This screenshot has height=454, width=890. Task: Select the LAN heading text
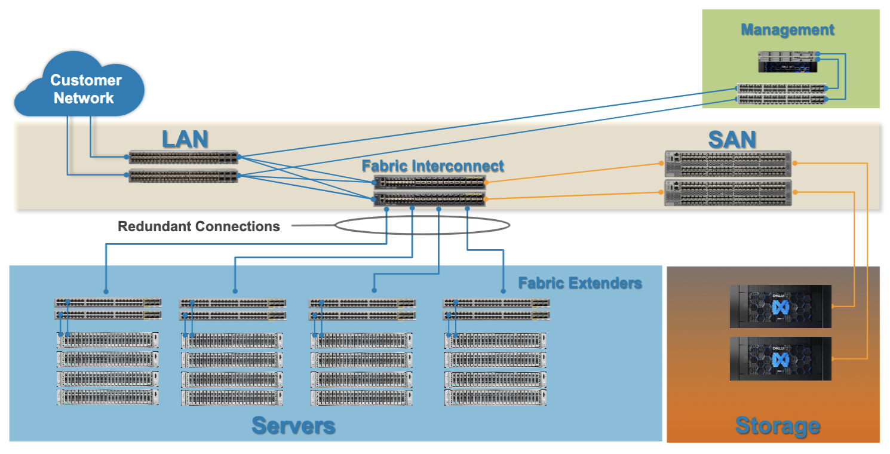click(185, 139)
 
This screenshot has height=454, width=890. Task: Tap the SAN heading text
click(732, 139)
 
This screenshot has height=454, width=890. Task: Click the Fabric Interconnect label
click(432, 166)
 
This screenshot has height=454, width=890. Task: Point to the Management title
click(787, 30)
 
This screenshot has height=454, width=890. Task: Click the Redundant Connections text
click(198, 226)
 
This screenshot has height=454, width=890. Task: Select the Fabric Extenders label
click(579, 283)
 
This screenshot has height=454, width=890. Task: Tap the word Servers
click(293, 426)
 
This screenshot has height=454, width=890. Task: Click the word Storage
click(777, 426)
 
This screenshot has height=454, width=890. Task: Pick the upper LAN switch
click(183, 158)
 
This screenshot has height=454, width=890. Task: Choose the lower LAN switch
click(183, 176)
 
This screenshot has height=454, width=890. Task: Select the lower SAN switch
click(728, 193)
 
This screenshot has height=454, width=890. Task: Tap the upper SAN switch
click(728, 163)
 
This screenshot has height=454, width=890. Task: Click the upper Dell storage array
click(780, 306)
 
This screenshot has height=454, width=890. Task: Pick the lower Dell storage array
click(780, 358)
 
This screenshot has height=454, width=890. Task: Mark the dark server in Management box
click(787, 62)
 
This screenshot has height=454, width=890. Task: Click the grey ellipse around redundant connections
click(422, 225)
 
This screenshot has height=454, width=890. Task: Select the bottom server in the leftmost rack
click(108, 397)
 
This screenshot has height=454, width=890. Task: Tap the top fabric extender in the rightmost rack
click(496, 303)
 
